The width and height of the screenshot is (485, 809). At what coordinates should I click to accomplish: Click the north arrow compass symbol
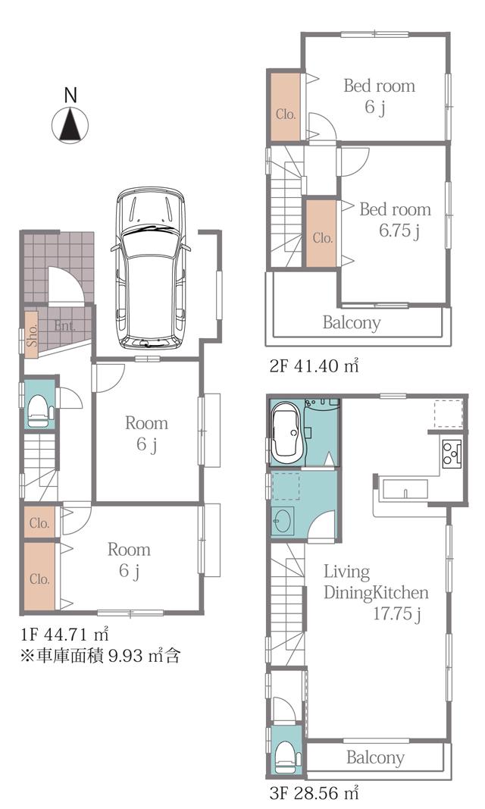[70, 124]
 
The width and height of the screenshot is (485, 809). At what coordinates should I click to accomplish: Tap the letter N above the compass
[70, 96]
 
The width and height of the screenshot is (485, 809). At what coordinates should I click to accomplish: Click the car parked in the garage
[150, 266]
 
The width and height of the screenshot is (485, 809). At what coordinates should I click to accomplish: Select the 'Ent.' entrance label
[64, 326]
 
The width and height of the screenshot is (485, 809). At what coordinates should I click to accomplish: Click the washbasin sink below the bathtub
[283, 521]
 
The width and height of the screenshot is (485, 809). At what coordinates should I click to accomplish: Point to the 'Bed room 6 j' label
[379, 96]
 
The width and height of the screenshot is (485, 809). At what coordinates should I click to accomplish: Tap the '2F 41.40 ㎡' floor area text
[314, 365]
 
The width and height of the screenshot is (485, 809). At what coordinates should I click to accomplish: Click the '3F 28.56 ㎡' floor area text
[312, 794]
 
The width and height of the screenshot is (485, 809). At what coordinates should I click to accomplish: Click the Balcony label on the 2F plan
[351, 322]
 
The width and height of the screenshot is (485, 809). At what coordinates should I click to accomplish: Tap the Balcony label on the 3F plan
[375, 757]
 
